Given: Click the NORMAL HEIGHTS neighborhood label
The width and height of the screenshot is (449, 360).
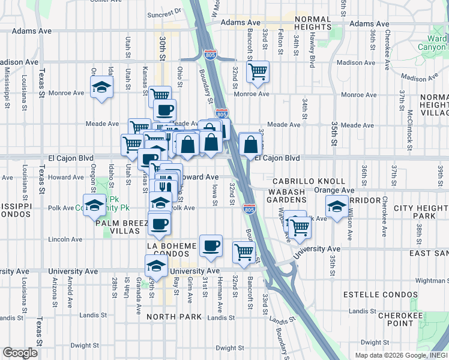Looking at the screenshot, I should click(313, 23).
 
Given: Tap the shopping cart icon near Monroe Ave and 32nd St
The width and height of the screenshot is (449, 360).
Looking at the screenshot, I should click(258, 71).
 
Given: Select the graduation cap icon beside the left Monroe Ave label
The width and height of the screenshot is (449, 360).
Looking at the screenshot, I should click(102, 86).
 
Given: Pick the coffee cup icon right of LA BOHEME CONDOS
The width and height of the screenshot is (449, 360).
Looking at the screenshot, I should click(211, 246).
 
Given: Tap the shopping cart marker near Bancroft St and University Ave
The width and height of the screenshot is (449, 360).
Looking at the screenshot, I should click(244, 253).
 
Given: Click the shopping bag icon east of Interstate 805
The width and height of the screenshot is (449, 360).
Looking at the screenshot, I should click(250, 145).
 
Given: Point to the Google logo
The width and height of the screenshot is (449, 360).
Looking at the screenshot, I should click(20, 353).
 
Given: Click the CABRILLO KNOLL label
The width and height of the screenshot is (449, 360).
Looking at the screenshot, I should click(309, 181).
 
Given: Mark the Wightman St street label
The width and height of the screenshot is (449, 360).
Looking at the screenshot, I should click(430, 280).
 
